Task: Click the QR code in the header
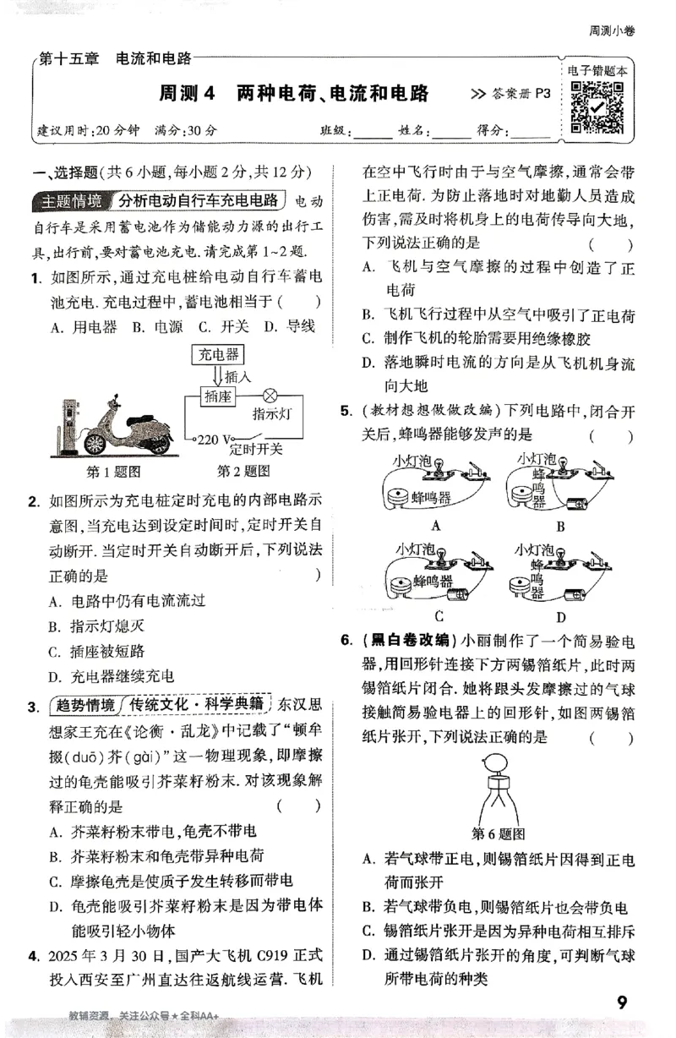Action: pyautogui.click(x=597, y=106)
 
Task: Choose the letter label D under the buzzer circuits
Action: pyautogui.click(x=560, y=616)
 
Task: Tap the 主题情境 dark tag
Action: pyautogui.click(x=71, y=201)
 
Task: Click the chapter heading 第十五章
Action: pyautogui.click(x=69, y=58)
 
